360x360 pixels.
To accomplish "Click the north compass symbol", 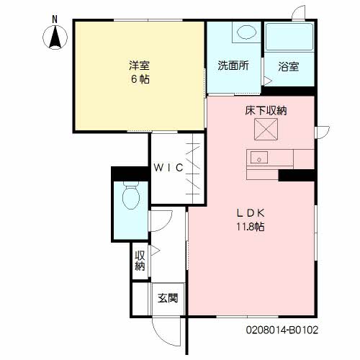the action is (x=55, y=37).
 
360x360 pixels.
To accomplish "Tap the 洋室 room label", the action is (x=140, y=66).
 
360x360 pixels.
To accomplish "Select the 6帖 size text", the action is (x=140, y=79).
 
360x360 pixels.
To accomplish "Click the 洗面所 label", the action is (x=233, y=66).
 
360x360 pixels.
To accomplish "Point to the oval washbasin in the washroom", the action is (x=246, y=32).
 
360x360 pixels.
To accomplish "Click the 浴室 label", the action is (x=289, y=66).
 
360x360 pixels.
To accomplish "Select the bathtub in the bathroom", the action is (x=289, y=37).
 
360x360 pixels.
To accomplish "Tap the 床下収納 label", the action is (x=266, y=111).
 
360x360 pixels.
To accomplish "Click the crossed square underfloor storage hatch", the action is (x=266, y=129).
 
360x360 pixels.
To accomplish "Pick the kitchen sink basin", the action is (x=259, y=158).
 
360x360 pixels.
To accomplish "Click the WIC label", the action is (x=168, y=168).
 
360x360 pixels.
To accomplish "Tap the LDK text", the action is (x=251, y=213).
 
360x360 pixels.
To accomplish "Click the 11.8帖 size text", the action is (x=251, y=227).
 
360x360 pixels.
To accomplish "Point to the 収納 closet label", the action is (x=140, y=261).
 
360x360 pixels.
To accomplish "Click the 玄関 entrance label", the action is (x=168, y=298).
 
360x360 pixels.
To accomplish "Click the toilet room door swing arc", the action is (x=166, y=225).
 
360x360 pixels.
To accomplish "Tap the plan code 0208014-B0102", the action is (x=282, y=330).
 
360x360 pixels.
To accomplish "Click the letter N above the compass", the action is (x=55, y=19).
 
